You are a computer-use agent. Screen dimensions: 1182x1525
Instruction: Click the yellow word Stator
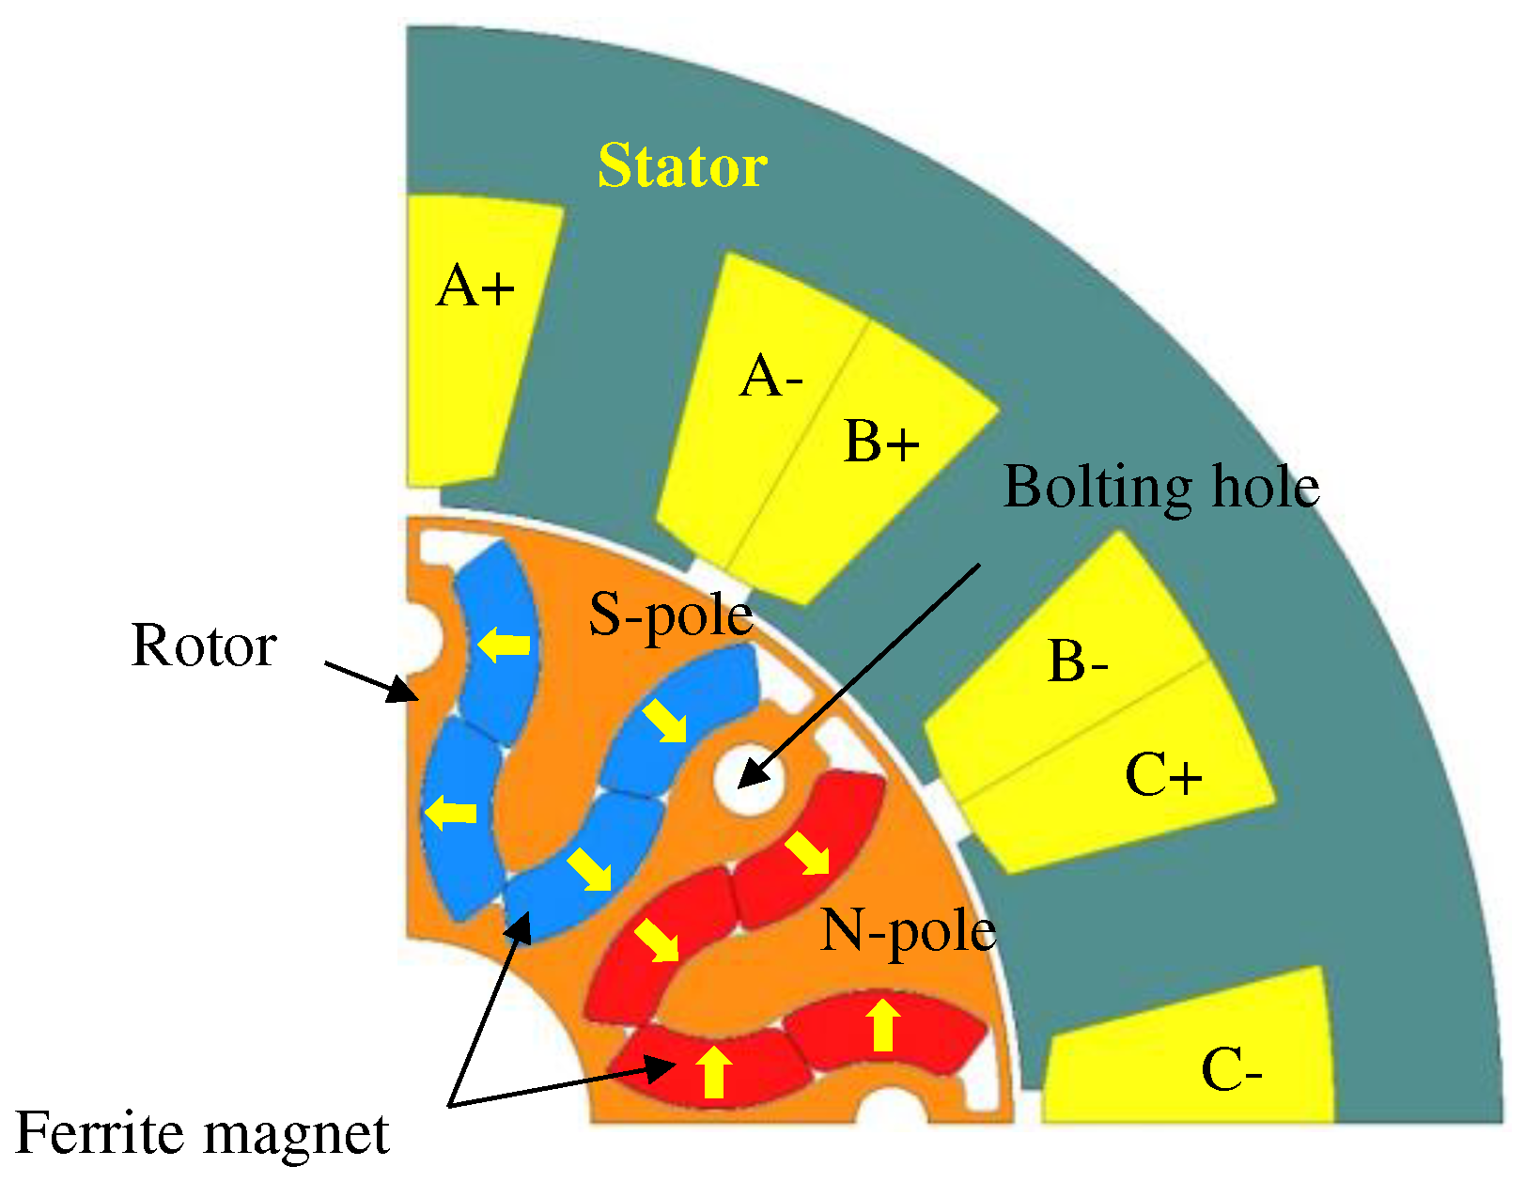[x=682, y=167]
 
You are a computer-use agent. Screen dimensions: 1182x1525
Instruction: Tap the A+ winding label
[x=475, y=286]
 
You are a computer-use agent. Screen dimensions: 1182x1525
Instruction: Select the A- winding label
[x=770, y=379]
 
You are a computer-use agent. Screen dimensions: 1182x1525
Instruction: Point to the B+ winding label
[x=880, y=442]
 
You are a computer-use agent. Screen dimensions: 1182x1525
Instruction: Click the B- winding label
[x=1078, y=661]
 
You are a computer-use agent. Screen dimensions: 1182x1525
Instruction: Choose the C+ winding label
[x=1163, y=776]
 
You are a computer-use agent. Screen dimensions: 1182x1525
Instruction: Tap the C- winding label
[x=1231, y=1070]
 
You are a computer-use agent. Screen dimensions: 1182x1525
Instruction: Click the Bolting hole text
[x=1161, y=488]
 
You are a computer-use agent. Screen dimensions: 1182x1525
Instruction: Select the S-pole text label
[x=671, y=615]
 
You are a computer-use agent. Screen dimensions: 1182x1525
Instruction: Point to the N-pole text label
[x=908, y=931]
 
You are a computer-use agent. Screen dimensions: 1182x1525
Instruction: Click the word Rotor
[x=204, y=646]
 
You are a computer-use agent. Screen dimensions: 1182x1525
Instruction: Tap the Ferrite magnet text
[x=203, y=1133]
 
